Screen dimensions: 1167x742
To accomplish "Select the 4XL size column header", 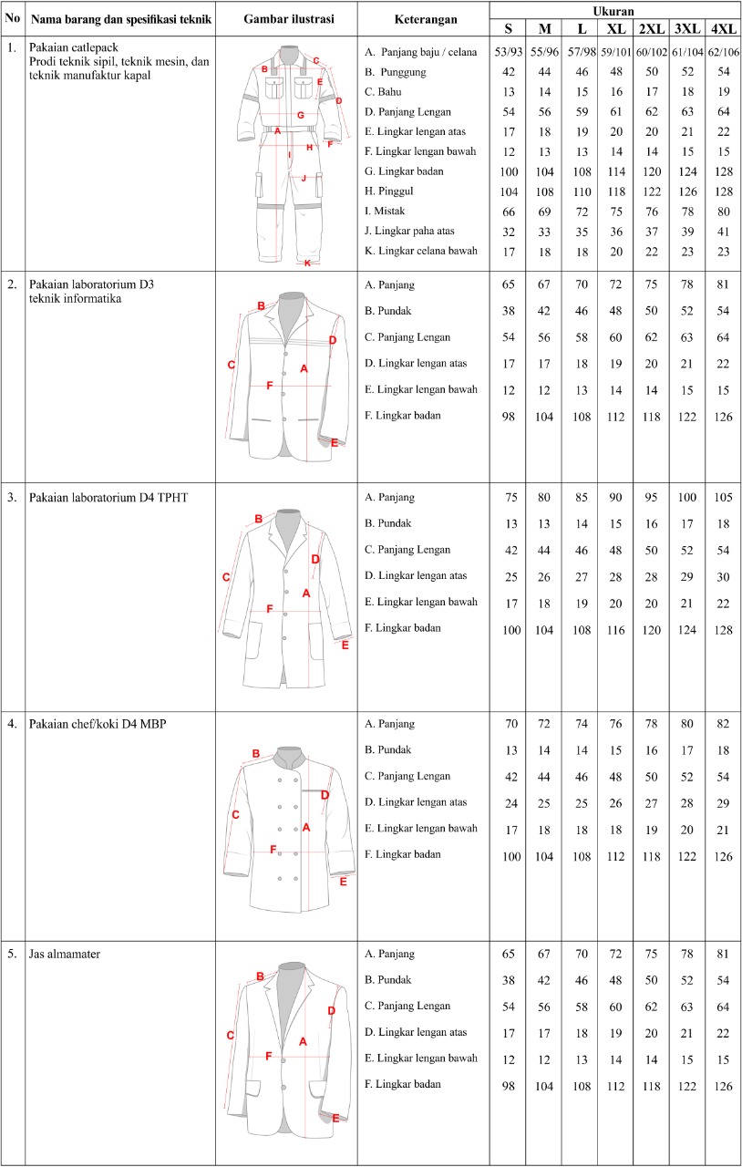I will coord(725,27).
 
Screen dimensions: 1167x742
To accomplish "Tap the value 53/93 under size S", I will coord(508,52).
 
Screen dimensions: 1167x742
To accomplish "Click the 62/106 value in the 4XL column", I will coord(725,52).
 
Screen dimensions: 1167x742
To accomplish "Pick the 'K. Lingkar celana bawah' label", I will coord(420,250).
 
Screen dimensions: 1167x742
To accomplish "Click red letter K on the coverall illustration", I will coord(307,263).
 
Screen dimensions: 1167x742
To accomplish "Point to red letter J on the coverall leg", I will coord(304,178).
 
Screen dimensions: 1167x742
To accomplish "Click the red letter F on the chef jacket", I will coord(273,849).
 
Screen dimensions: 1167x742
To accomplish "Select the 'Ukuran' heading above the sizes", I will coord(615,10).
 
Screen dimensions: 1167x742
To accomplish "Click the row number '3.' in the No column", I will coord(12,498).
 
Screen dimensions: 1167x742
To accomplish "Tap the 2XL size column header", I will coord(652,27).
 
